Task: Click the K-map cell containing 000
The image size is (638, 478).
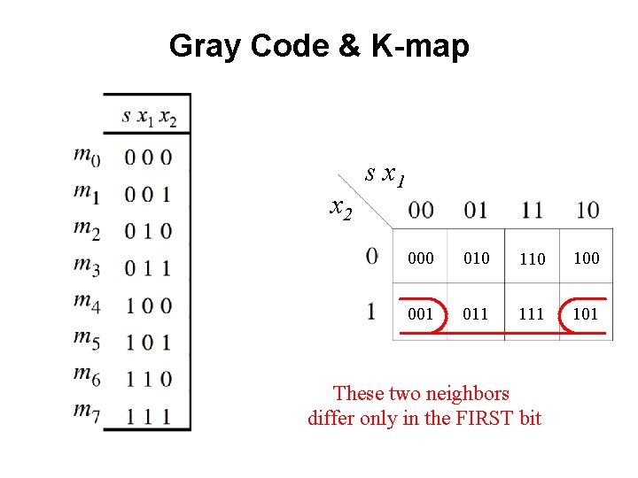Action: tap(421, 258)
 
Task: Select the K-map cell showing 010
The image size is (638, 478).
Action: tap(477, 258)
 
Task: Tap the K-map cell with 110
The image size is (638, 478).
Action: tap(532, 259)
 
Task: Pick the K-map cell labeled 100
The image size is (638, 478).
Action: tap(586, 258)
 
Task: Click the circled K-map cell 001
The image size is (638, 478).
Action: tap(421, 313)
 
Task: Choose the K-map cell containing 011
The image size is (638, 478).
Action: tap(477, 313)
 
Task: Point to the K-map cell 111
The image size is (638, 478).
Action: tap(532, 313)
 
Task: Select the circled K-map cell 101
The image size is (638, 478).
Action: tap(586, 313)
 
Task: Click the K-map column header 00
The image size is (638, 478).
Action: tap(421, 211)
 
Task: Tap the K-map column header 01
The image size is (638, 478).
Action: tap(477, 211)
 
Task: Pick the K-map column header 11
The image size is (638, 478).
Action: tap(533, 211)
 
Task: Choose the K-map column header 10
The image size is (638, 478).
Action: tap(587, 211)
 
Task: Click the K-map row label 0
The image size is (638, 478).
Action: tap(371, 256)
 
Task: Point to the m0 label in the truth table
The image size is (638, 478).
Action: tap(86, 156)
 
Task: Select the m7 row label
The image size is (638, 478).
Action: tap(86, 412)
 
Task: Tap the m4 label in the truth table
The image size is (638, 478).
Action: tap(86, 303)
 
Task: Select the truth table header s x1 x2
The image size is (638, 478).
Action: tap(149, 116)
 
